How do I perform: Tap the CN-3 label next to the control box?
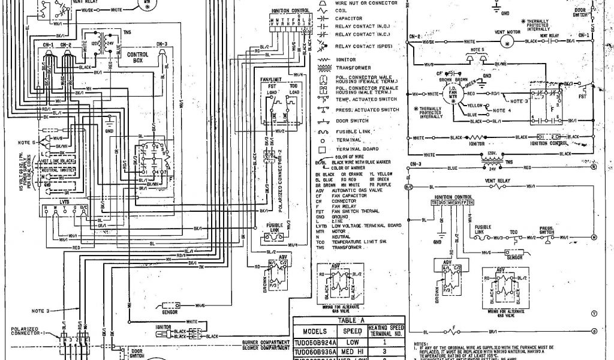pos(162,44)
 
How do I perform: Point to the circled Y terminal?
pos(594,313)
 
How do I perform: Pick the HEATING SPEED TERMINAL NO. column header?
pos(387,329)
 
